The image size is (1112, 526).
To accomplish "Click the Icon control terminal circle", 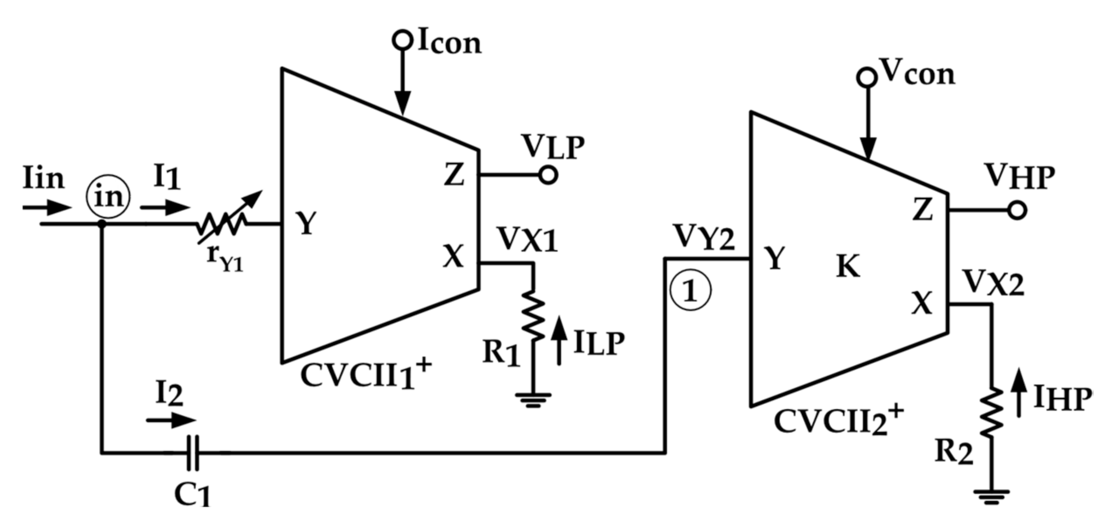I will click(403, 40).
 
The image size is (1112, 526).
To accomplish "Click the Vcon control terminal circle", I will click(866, 78).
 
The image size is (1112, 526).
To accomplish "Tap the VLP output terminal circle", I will click(548, 175).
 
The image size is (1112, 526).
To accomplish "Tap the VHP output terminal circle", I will click(1016, 210).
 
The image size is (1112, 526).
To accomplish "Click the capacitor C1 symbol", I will click(192, 453).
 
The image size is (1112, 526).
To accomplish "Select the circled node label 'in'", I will click(108, 197).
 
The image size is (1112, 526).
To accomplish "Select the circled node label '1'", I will click(690, 291).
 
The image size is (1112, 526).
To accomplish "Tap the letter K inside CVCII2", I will click(848, 267).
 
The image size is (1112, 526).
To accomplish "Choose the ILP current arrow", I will click(558, 340).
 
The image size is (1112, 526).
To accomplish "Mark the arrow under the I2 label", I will click(170, 420).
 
